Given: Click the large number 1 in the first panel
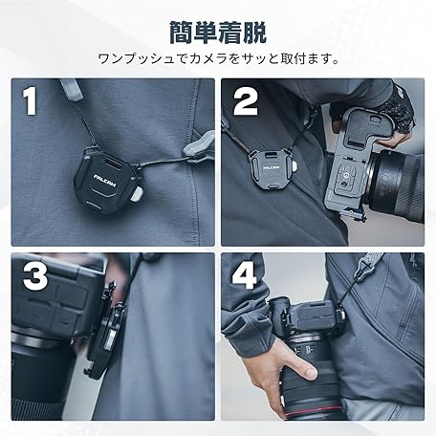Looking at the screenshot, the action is click(x=30, y=100).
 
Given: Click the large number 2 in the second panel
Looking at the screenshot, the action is click(x=246, y=101).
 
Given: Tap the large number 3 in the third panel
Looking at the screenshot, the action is click(x=35, y=276).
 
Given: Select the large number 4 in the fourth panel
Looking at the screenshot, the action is click(x=244, y=276).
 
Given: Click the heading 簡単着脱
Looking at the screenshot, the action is click(x=218, y=33).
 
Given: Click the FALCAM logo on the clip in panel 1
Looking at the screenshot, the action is click(x=105, y=181).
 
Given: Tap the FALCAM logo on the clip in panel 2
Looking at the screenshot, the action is click(x=272, y=167).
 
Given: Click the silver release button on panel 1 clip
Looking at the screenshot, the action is click(x=136, y=194).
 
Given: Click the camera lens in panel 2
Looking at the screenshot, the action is click(x=396, y=188).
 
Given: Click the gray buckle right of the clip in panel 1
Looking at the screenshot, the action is click(x=199, y=145).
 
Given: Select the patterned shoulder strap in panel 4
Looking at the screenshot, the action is click(x=369, y=266).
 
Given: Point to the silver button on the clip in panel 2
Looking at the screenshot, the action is click(x=295, y=166).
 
